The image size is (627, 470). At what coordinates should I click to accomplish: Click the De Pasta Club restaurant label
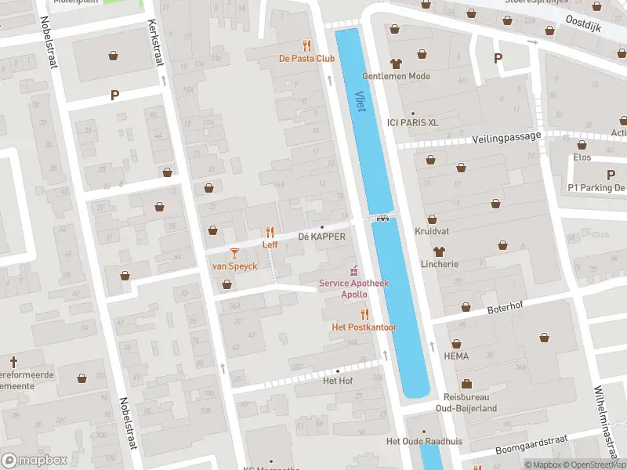(307, 59)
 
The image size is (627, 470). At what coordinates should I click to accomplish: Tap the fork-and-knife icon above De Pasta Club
(307, 45)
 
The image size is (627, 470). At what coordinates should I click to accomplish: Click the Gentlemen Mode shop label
(396, 77)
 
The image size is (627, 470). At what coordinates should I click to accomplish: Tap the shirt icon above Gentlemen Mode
(395, 63)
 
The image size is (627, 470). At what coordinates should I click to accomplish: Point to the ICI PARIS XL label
(412, 123)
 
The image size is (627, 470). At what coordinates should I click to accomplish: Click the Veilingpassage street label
(507, 137)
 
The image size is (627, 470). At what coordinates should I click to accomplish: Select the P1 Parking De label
(596, 188)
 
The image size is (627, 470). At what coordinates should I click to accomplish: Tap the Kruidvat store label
(431, 235)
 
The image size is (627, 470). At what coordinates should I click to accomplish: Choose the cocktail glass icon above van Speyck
(234, 252)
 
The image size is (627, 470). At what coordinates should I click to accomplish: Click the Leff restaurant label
(270, 244)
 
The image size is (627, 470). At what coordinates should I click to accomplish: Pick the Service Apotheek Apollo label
(353, 288)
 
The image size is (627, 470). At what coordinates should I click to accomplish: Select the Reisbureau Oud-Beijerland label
(466, 403)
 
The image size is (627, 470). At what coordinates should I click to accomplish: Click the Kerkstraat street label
(155, 39)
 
